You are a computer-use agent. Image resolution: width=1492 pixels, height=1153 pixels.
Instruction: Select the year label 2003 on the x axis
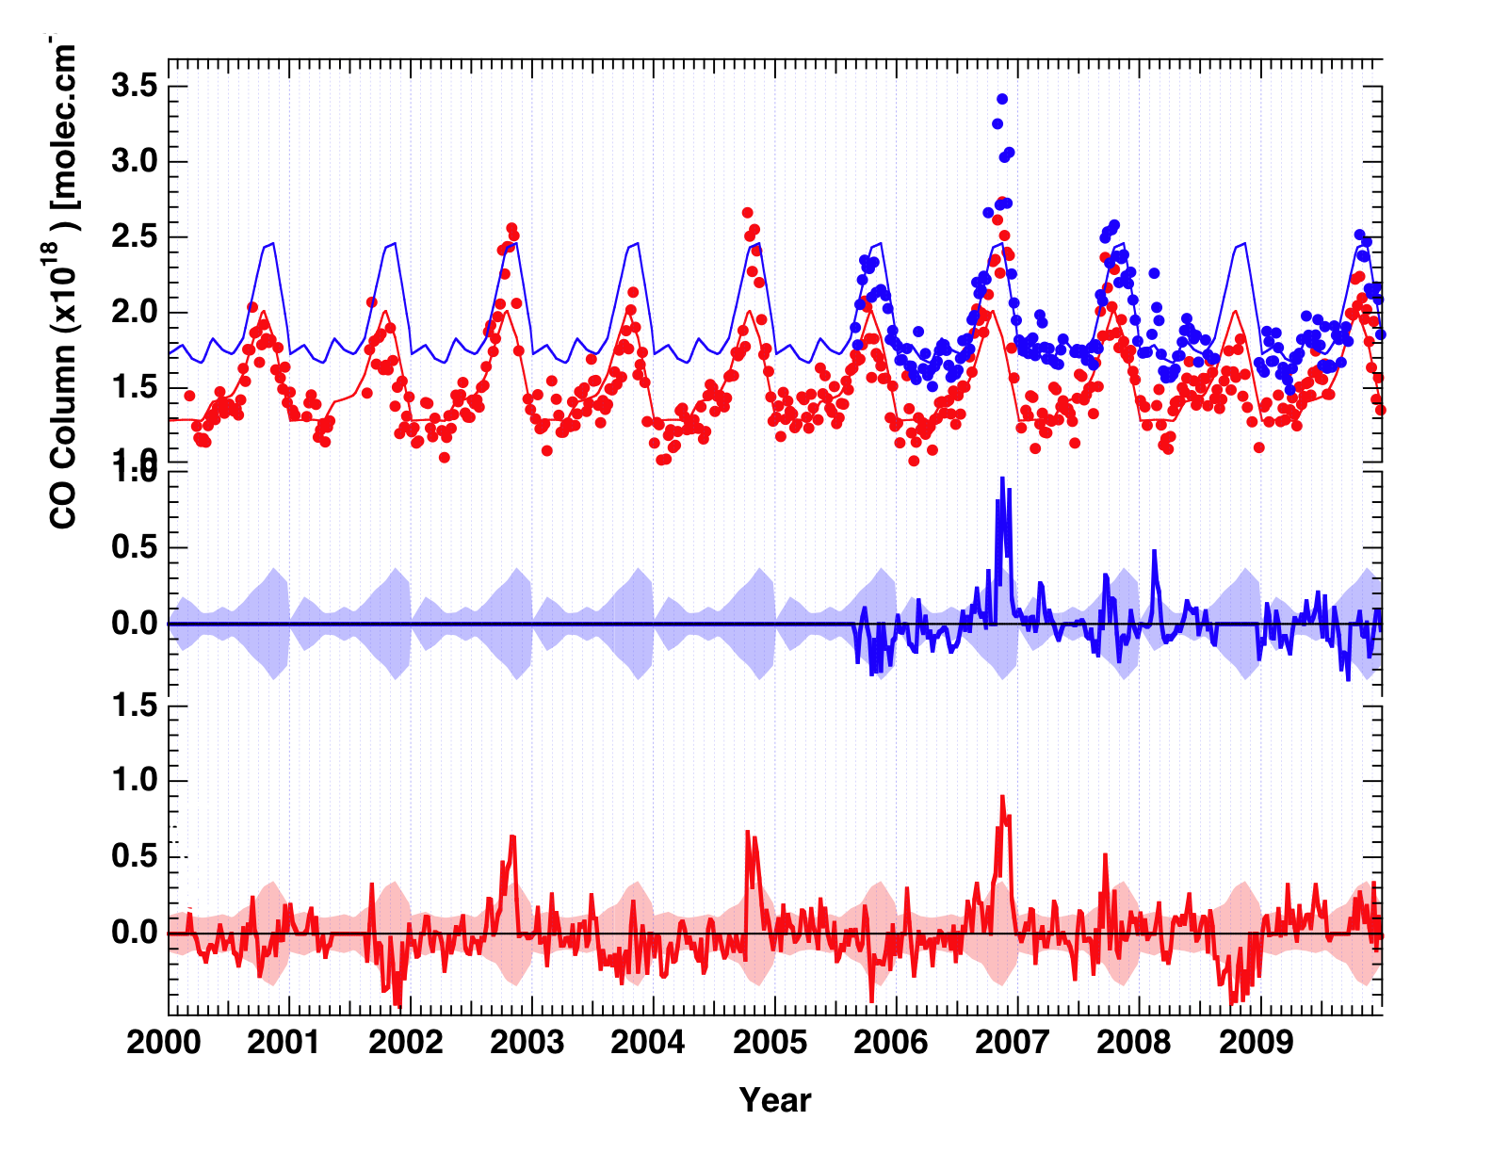tap(527, 1043)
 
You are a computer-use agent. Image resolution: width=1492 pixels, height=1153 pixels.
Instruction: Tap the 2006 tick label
tap(891, 1043)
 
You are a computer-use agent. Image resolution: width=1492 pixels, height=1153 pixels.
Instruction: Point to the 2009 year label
tap(1257, 1043)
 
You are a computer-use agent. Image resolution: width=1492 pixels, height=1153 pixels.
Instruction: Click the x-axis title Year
tap(774, 1100)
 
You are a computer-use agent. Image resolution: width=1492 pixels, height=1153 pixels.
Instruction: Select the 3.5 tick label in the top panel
tap(134, 87)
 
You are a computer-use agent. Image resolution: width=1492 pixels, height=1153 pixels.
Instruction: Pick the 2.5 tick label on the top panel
tap(134, 237)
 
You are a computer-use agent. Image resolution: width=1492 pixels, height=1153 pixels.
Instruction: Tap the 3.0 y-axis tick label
tap(134, 161)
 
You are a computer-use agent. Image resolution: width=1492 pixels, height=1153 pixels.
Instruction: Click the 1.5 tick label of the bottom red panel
tap(134, 706)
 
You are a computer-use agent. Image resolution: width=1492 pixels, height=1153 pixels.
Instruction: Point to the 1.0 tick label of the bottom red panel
tap(134, 781)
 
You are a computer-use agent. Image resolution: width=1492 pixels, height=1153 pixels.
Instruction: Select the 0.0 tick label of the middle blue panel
tap(134, 624)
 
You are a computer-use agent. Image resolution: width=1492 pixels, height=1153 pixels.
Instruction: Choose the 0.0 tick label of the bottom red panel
tap(134, 933)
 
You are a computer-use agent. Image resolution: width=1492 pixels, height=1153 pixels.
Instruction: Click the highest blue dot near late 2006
tap(1002, 99)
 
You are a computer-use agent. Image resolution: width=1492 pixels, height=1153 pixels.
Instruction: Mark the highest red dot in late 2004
tap(747, 213)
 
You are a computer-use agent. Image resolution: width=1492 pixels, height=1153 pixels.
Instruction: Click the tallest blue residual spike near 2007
tap(1002, 479)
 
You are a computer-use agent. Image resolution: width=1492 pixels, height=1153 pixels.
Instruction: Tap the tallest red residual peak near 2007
tap(1002, 797)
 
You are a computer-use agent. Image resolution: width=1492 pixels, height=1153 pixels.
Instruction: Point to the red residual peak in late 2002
tap(512, 836)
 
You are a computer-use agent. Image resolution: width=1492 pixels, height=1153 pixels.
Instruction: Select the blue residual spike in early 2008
tap(1154, 551)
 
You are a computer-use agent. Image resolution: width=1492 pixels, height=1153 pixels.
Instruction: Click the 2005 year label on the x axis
tap(770, 1043)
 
